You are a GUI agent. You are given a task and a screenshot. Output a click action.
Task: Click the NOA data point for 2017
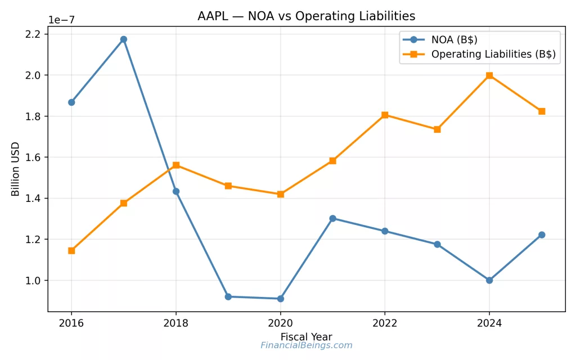click(x=124, y=39)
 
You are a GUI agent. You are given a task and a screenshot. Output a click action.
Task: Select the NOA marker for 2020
click(x=280, y=299)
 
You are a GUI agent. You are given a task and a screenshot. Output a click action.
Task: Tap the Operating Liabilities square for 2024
click(x=489, y=75)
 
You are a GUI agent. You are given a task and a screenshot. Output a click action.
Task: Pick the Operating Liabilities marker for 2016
click(x=71, y=250)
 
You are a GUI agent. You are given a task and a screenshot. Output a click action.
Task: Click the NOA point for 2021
click(x=332, y=218)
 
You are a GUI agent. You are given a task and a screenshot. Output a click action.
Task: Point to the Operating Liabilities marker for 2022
click(x=385, y=115)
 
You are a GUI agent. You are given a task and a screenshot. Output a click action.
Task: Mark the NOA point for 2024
click(x=489, y=280)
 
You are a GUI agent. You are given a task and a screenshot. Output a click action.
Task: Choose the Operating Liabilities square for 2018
click(x=176, y=165)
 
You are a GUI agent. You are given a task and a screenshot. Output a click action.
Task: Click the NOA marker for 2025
click(x=542, y=235)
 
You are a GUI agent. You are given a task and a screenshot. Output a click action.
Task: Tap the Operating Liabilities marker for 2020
click(x=280, y=194)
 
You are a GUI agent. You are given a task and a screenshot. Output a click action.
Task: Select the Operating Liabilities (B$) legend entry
click(x=493, y=55)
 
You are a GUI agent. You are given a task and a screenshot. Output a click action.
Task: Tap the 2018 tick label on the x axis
click(x=176, y=323)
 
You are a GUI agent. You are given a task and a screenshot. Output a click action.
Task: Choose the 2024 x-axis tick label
click(x=489, y=323)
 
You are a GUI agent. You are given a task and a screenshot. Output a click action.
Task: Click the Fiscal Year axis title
click(x=306, y=337)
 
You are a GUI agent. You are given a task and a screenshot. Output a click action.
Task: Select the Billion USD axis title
click(x=16, y=169)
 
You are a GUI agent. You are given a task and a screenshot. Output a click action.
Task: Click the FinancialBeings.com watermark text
click(x=306, y=345)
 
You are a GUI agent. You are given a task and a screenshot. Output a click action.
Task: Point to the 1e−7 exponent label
click(x=61, y=20)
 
